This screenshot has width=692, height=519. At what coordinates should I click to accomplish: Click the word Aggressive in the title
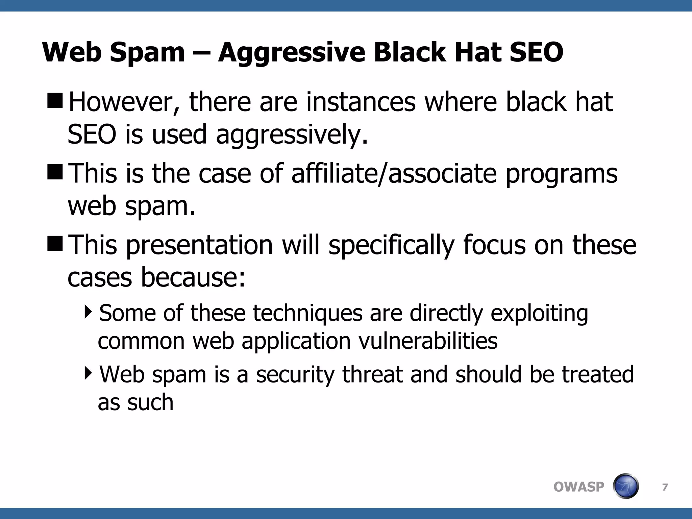[x=292, y=53]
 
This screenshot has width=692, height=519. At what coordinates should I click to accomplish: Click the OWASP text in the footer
[x=578, y=487]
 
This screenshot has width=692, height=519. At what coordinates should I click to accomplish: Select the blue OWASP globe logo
[x=625, y=486]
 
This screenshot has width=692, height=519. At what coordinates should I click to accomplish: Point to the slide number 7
[x=665, y=487]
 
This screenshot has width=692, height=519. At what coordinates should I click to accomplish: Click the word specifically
[x=391, y=246]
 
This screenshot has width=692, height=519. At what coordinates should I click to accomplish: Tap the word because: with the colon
[x=193, y=277]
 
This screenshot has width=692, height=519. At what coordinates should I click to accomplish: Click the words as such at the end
[x=135, y=402]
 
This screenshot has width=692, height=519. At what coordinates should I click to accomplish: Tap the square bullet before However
[x=55, y=101]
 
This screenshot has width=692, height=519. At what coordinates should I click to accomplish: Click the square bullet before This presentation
[x=55, y=244]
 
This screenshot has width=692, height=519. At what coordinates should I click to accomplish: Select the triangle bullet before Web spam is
[x=88, y=373]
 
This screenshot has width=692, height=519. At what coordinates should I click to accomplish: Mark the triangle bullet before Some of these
[x=88, y=312]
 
